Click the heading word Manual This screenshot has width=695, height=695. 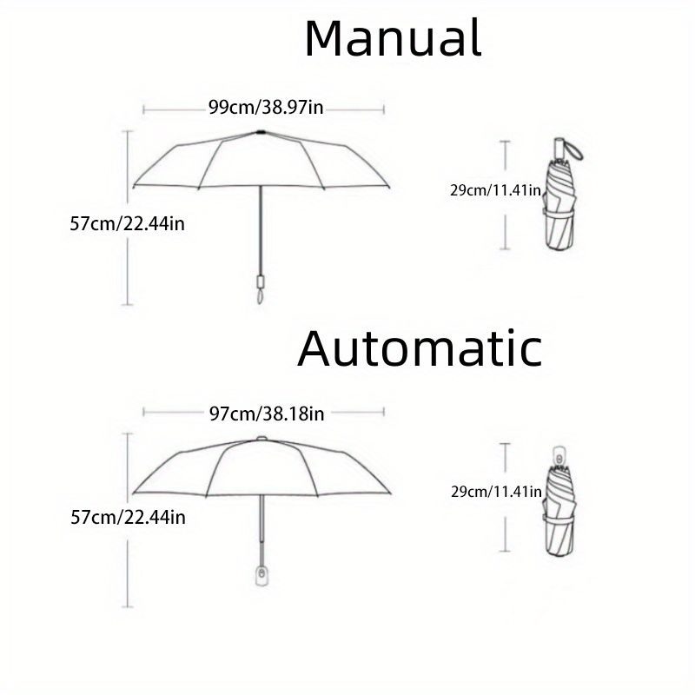[393, 38]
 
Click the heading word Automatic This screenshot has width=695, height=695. [420, 348]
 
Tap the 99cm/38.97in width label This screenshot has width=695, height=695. [265, 108]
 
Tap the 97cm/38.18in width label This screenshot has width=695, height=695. [266, 414]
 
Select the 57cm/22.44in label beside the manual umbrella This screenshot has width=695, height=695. [127, 223]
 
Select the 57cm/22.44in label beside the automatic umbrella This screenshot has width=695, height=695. [127, 518]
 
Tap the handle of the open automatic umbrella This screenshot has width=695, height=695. [259, 575]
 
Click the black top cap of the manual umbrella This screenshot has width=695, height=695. [261, 132]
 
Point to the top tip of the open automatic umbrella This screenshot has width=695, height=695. [261, 436]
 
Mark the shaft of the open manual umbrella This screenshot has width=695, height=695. [260, 230]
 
